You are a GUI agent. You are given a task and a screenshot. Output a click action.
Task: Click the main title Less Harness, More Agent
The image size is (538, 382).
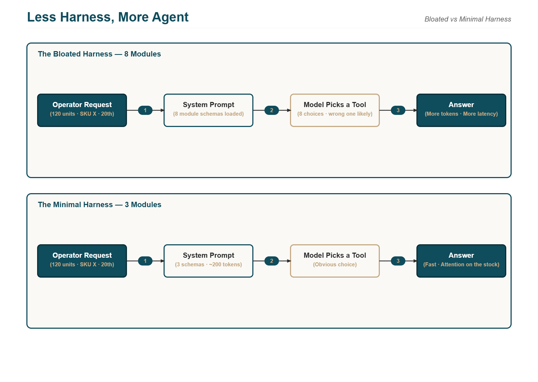pyautogui.click(x=108, y=17)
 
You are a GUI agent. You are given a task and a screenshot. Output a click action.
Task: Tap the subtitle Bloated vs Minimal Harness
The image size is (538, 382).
pyautogui.click(x=468, y=19)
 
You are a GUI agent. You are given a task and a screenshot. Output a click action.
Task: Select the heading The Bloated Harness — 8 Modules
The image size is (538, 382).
pyautogui.click(x=99, y=54)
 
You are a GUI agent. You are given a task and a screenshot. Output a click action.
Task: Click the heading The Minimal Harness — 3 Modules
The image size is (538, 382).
pyautogui.click(x=100, y=204)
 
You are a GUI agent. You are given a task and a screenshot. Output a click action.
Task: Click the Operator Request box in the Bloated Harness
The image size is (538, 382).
pyautogui.click(x=82, y=110)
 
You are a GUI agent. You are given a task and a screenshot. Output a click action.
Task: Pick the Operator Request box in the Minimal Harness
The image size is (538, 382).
pyautogui.click(x=82, y=261)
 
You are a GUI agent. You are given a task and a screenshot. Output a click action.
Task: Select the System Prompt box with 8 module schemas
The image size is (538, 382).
pyautogui.click(x=208, y=110)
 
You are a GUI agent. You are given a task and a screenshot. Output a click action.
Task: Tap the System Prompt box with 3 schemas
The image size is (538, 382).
pyautogui.click(x=208, y=261)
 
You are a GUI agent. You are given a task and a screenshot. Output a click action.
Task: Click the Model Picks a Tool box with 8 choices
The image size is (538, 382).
pyautogui.click(x=335, y=110)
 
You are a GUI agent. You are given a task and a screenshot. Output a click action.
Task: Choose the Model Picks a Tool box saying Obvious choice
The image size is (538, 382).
pyautogui.click(x=335, y=261)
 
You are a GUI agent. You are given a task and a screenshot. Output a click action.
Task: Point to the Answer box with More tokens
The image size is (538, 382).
pyautogui.click(x=461, y=110)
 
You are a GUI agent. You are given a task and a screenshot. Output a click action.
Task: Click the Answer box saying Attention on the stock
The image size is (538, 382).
pyautogui.click(x=461, y=261)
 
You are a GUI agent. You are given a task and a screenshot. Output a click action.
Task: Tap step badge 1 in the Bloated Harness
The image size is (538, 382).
pyautogui.click(x=145, y=110)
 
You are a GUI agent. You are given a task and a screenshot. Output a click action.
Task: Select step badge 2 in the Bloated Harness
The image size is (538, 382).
pyautogui.click(x=272, y=110)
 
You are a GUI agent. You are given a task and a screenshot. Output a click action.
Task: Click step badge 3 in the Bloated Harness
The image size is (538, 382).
pyautogui.click(x=398, y=110)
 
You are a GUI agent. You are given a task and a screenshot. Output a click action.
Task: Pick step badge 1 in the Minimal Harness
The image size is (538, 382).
pyautogui.click(x=145, y=261)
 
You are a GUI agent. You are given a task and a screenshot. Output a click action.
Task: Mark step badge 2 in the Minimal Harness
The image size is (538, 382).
pyautogui.click(x=272, y=261)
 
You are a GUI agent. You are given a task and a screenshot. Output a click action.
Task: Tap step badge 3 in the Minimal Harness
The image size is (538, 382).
pyautogui.click(x=398, y=261)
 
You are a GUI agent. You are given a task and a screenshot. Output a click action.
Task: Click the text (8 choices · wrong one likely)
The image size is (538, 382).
pyautogui.click(x=335, y=114)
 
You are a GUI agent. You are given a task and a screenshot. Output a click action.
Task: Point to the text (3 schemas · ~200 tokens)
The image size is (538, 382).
pyautogui.click(x=208, y=264)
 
